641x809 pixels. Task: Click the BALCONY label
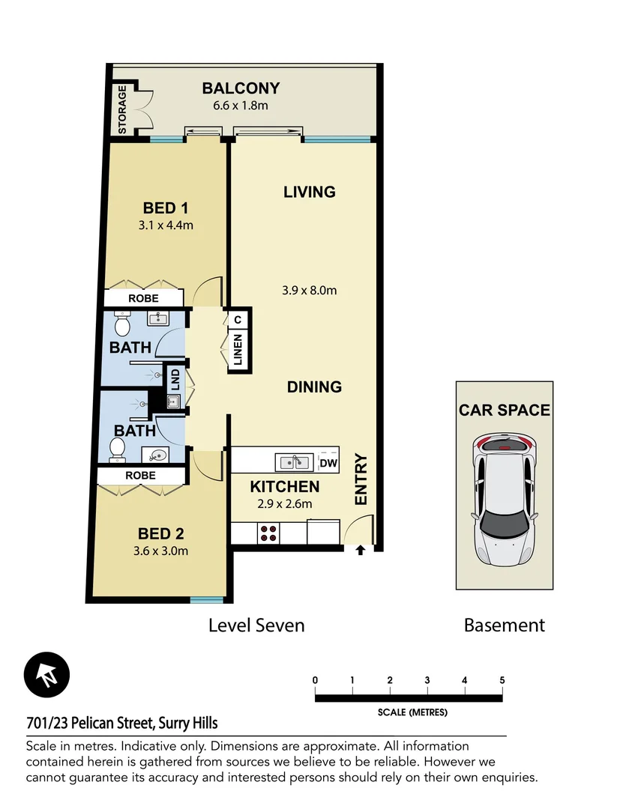pos(241,88)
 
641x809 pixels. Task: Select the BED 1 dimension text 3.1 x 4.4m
pos(166,225)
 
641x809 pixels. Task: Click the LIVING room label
pos(309,192)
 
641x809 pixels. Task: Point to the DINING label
pos(314,387)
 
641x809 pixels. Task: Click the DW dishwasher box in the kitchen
pos(328,464)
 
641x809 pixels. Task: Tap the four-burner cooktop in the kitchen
pos(269,533)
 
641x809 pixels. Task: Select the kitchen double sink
pos(295,461)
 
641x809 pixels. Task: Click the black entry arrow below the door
pos(360,551)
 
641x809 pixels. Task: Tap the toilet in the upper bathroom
pos(121,325)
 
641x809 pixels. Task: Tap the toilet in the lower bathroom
pos(117,448)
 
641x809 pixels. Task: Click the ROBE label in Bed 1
pos(143,298)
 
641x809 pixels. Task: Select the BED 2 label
pos(160,534)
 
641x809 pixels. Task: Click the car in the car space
pos(504,500)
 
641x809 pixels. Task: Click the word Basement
pos(504,625)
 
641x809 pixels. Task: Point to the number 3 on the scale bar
pos(427,680)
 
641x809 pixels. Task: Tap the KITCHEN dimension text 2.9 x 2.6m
pos(280,504)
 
